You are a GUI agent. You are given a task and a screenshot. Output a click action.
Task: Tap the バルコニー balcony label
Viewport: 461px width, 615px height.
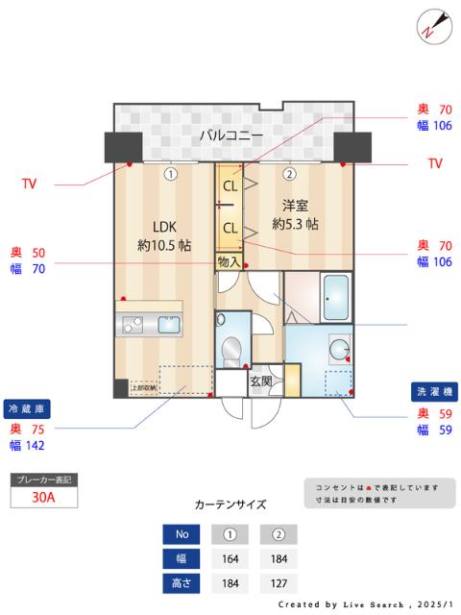point(230,135)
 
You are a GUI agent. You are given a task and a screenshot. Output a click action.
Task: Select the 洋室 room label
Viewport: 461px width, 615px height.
point(295,206)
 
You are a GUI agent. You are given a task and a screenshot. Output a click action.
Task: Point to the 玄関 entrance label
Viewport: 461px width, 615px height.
point(260,381)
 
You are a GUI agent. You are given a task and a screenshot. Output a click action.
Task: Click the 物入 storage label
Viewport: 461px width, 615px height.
point(229,261)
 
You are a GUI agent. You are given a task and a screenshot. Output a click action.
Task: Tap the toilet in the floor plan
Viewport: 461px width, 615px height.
point(231,350)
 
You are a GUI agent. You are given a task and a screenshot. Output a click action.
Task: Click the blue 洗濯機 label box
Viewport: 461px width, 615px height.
point(434,391)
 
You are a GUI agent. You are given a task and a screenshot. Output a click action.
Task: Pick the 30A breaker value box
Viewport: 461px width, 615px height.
point(43,497)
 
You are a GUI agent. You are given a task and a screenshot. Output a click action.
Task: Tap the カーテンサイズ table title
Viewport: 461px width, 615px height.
point(230,504)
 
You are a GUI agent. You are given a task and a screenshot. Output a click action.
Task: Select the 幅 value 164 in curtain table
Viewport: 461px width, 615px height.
point(230,558)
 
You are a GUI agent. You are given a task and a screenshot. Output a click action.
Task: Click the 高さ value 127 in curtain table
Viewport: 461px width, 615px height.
point(279,583)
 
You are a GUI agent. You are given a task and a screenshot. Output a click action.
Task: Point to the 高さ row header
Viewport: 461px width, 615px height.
point(182,583)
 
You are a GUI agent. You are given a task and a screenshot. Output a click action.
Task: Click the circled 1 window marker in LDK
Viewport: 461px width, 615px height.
point(170,174)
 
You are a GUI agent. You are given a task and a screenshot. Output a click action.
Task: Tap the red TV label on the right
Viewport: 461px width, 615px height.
point(435,164)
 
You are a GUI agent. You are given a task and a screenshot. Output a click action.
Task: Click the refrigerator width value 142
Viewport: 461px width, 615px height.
point(35,446)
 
